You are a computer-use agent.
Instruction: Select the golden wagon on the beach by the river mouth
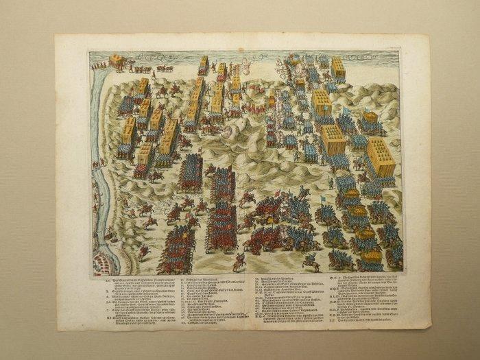point(116,64)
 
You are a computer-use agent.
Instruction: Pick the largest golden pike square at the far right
point(381,157)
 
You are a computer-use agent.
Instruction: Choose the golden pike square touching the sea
point(337,69)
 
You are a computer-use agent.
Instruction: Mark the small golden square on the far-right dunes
point(371,118)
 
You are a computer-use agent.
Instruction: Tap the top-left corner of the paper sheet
point(56,36)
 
